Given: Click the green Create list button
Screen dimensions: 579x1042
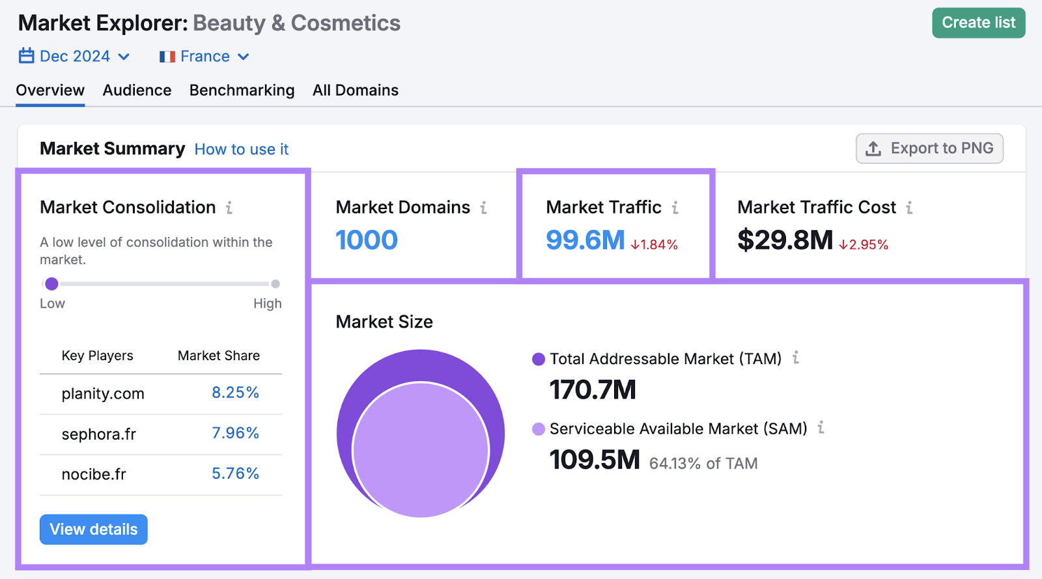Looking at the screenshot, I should pyautogui.click(x=978, y=23).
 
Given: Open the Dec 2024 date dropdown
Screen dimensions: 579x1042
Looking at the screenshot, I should pyautogui.click(x=74, y=57).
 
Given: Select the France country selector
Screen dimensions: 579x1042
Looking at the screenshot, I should pyautogui.click(x=204, y=57).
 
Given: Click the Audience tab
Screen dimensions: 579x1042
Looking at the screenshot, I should pyautogui.click(x=137, y=91).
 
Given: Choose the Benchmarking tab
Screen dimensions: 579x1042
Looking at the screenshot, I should pyautogui.click(x=242, y=91).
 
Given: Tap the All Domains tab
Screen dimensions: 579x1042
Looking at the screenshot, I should pyautogui.click(x=355, y=91).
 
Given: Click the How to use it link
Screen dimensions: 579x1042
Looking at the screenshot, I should pyautogui.click(x=241, y=149).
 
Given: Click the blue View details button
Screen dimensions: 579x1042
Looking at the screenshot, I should pyautogui.click(x=94, y=530).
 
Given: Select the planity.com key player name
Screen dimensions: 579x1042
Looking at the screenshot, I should pyautogui.click(x=103, y=393).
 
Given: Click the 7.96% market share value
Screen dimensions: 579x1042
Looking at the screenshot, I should pyautogui.click(x=235, y=433).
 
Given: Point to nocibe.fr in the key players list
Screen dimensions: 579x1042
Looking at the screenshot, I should pyautogui.click(x=94, y=474).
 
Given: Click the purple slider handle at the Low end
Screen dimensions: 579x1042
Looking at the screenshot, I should pyautogui.click(x=51, y=284).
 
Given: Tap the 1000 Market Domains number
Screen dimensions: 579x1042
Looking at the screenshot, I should pyautogui.click(x=367, y=240).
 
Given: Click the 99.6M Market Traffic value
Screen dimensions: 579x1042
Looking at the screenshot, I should pyautogui.click(x=585, y=240).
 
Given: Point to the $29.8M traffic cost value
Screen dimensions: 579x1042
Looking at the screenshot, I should pyautogui.click(x=785, y=240).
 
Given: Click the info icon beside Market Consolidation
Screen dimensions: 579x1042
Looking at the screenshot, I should pyautogui.click(x=229, y=208).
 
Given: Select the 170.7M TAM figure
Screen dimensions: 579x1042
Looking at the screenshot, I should pyautogui.click(x=593, y=389).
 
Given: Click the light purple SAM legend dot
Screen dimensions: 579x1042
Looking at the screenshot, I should pyautogui.click(x=539, y=429).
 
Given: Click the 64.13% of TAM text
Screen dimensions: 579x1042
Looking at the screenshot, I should pyautogui.click(x=703, y=464).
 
